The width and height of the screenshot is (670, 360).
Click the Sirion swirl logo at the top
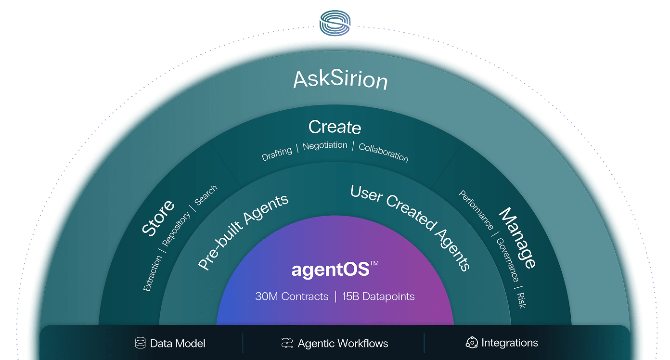pos(335,23)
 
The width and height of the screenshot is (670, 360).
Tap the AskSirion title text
pos(340,79)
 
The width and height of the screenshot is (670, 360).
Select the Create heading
pos(335,127)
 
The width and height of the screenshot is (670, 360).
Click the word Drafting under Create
pos(277,154)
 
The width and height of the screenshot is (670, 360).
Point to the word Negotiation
pos(325,146)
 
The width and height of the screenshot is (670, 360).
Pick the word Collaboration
pos(384,153)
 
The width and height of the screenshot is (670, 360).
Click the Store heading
pos(157,218)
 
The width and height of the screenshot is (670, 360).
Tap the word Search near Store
pos(206,195)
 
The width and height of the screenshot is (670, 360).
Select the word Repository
pos(176,229)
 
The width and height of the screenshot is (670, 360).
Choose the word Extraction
pos(152,273)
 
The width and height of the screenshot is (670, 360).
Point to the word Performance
pos(476,210)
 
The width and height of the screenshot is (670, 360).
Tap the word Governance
pos(507,260)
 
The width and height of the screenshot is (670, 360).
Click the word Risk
pos(521,300)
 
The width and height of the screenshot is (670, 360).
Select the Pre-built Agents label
pos(243,232)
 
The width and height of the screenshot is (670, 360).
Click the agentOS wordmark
pos(335,270)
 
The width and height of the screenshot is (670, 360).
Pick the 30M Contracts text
pos(292,296)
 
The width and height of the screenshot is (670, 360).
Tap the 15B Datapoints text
pos(378,296)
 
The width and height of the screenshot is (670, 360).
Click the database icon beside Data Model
pos(140,343)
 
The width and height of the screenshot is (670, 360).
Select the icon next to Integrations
pos(472,343)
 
